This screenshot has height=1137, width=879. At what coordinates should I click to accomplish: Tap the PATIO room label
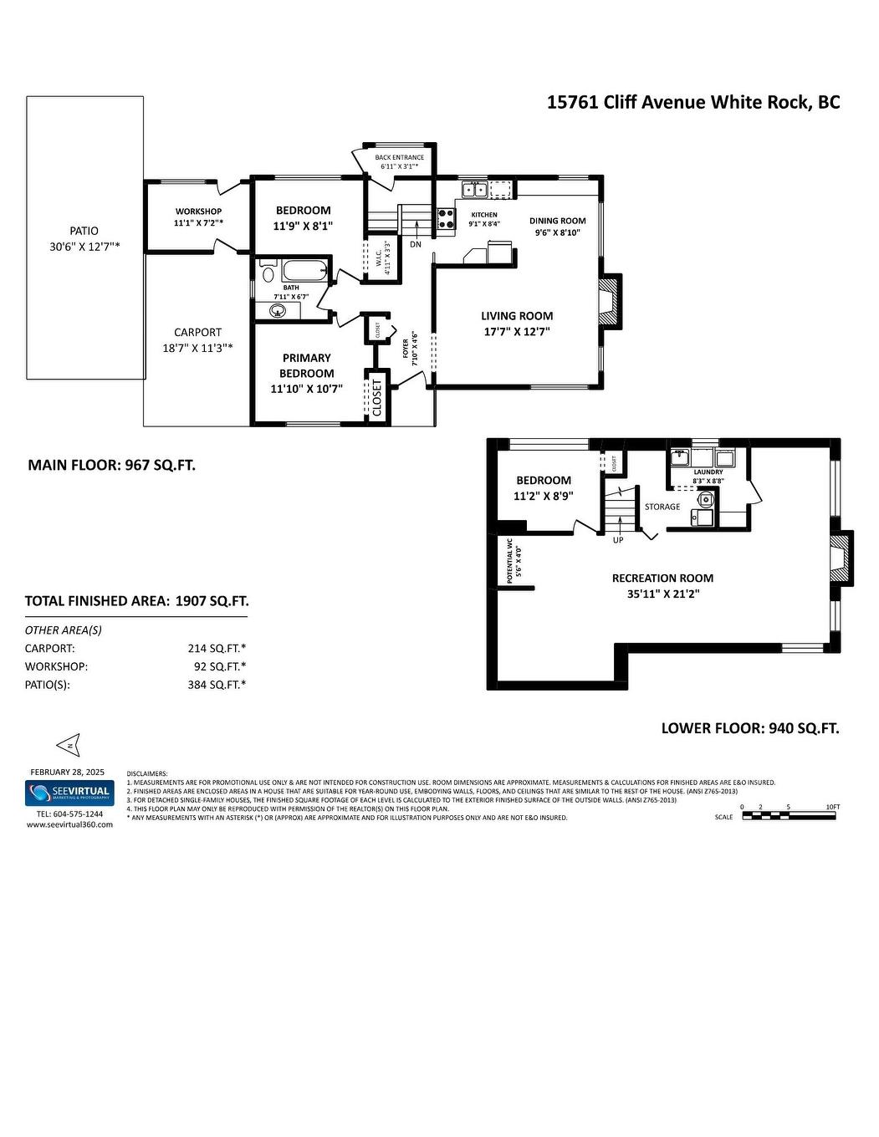[x=84, y=231]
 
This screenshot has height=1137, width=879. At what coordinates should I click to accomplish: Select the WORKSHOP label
[x=198, y=212]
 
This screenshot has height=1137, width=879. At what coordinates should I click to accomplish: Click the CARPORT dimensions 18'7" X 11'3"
[x=197, y=348]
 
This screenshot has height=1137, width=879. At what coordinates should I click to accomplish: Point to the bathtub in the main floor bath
[x=304, y=271]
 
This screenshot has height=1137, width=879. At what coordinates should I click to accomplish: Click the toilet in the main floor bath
[x=268, y=273]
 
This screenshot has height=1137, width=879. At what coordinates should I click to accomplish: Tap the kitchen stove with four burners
[x=447, y=218]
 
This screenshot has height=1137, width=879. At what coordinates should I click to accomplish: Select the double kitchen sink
[x=475, y=190]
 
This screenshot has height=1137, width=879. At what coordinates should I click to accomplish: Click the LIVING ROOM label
[x=517, y=316]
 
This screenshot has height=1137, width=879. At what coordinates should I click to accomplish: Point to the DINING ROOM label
[x=558, y=222]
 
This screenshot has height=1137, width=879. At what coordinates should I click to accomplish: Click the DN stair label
[x=416, y=245]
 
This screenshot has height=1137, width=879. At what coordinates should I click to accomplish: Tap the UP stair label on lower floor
[x=618, y=540]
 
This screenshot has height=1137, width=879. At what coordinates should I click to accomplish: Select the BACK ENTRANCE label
[x=399, y=157]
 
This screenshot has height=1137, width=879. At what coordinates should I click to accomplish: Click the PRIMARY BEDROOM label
[x=306, y=365]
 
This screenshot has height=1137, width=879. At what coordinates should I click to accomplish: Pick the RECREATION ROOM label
[x=662, y=578]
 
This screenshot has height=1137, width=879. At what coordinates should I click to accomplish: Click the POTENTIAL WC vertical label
[x=509, y=560]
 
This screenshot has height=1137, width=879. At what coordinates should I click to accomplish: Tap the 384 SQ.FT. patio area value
[x=217, y=685]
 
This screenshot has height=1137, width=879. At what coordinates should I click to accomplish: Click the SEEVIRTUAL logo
[x=69, y=792]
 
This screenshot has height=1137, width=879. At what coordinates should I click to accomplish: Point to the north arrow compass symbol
[x=67, y=743]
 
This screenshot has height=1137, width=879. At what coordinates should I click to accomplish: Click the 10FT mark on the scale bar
[x=832, y=807]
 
